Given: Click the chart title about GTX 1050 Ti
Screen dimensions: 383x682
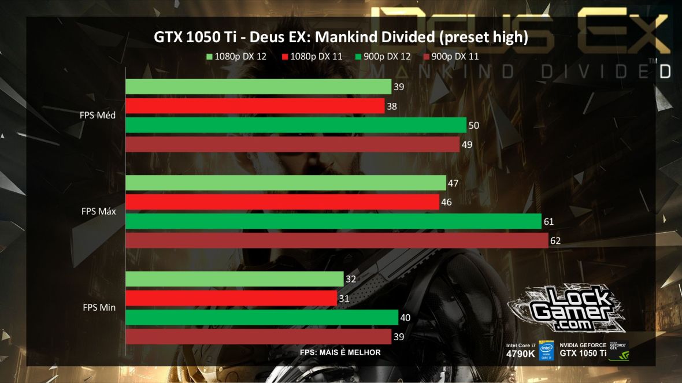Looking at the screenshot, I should tap(340, 38).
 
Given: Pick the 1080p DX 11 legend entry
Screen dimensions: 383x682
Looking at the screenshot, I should tap(312, 57).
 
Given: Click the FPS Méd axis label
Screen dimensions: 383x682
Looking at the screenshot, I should tap(98, 115).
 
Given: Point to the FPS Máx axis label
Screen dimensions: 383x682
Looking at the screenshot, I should tap(98, 211).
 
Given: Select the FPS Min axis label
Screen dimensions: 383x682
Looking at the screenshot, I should tap(98, 307).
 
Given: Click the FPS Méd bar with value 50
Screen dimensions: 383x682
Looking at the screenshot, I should tap(295, 125).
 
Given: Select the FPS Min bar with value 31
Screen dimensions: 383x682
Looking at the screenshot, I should tap(231, 298).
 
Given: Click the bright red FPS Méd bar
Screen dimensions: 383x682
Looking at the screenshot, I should tap(255, 106).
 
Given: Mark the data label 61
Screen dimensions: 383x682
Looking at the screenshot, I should tap(550, 221).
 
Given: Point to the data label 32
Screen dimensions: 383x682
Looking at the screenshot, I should tap(351, 279).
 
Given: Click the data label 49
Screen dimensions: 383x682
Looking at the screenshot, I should tap(467, 144).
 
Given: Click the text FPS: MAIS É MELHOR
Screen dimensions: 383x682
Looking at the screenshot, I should tap(340, 352).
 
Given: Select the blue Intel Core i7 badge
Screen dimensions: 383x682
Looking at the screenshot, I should tap(546, 350).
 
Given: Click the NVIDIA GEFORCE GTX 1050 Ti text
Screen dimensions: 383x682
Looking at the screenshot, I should tap(583, 349).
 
